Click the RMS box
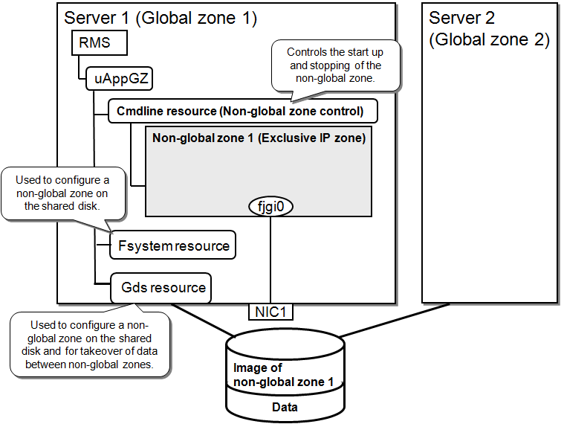[x=99, y=42]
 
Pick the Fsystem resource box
[x=172, y=245]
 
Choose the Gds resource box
[x=161, y=288]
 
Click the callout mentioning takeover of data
[x=90, y=344]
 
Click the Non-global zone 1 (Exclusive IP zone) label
[x=259, y=138]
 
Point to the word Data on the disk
[x=285, y=407]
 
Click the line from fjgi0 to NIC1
[x=270, y=260]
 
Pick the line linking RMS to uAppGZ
[x=81, y=67]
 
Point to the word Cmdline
[x=140, y=112]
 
